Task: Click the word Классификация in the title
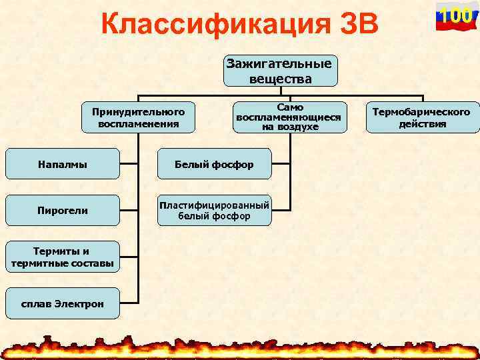tap(203, 25)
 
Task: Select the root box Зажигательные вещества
tap(280, 71)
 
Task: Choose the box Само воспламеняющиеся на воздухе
tap(289, 117)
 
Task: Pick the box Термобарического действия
tap(421, 117)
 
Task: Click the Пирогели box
tap(62, 211)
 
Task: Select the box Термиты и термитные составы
tap(62, 257)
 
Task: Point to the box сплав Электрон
tap(62, 304)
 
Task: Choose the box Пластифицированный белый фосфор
tap(214, 211)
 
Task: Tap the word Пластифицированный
tap(214, 205)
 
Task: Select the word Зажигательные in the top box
tap(280, 65)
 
